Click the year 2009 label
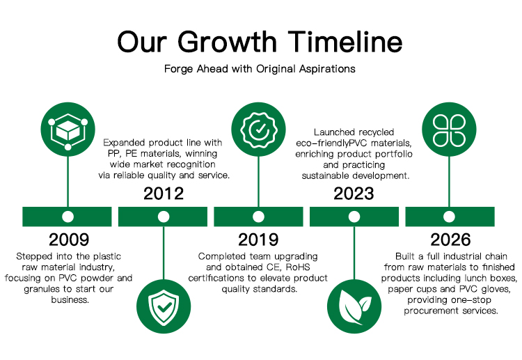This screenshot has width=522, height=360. [69, 240]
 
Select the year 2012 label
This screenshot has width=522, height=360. [164, 194]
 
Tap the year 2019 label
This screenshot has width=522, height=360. [258, 240]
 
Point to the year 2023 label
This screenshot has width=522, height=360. [354, 194]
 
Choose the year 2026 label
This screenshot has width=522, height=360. [450, 240]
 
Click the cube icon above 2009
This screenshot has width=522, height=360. [68, 130]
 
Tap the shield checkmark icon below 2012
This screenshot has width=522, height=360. [164, 306]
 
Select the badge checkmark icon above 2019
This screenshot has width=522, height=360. [258, 130]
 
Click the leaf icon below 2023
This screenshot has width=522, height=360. [354, 306]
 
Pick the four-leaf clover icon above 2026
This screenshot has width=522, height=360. [449, 130]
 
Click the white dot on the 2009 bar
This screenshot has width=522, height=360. [68, 217]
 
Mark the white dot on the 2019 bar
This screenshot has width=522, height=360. [258, 217]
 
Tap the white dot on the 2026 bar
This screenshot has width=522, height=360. [449, 217]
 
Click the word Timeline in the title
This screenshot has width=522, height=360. [345, 42]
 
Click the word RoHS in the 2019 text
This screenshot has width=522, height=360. [298, 267]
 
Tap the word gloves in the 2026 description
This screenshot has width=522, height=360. [496, 289]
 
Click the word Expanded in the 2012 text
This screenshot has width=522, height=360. [124, 143]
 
